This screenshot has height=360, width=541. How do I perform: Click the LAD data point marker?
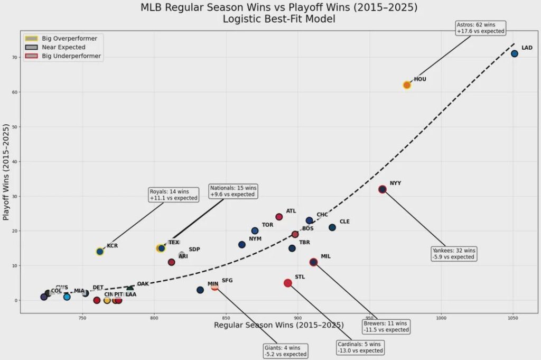pyautogui.click(x=514, y=54)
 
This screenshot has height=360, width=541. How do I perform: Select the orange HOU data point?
pyautogui.click(x=407, y=85)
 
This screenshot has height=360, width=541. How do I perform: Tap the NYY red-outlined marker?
pyautogui.click(x=383, y=189)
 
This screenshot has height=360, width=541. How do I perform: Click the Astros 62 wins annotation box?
pyautogui.click(x=481, y=28)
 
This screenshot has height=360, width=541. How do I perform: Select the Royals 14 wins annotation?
pyautogui.click(x=174, y=195)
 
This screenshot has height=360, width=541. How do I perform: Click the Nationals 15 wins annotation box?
pyautogui.click(x=234, y=191)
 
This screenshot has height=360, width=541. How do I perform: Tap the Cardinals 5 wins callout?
pyautogui.click(x=360, y=347)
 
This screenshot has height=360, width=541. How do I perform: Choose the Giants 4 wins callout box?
pyautogui.click(x=285, y=351)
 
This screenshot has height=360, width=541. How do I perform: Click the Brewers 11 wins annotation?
pyautogui.click(x=387, y=326)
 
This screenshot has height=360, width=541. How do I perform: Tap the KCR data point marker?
pyautogui.click(x=100, y=252)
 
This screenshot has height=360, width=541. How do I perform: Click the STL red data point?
pyautogui.click(x=288, y=283)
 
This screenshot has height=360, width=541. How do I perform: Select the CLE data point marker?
pyautogui.click(x=332, y=227)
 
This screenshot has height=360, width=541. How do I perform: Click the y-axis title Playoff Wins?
pyautogui.click(x=7, y=172)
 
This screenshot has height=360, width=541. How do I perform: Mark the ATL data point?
pyautogui.click(x=279, y=217)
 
